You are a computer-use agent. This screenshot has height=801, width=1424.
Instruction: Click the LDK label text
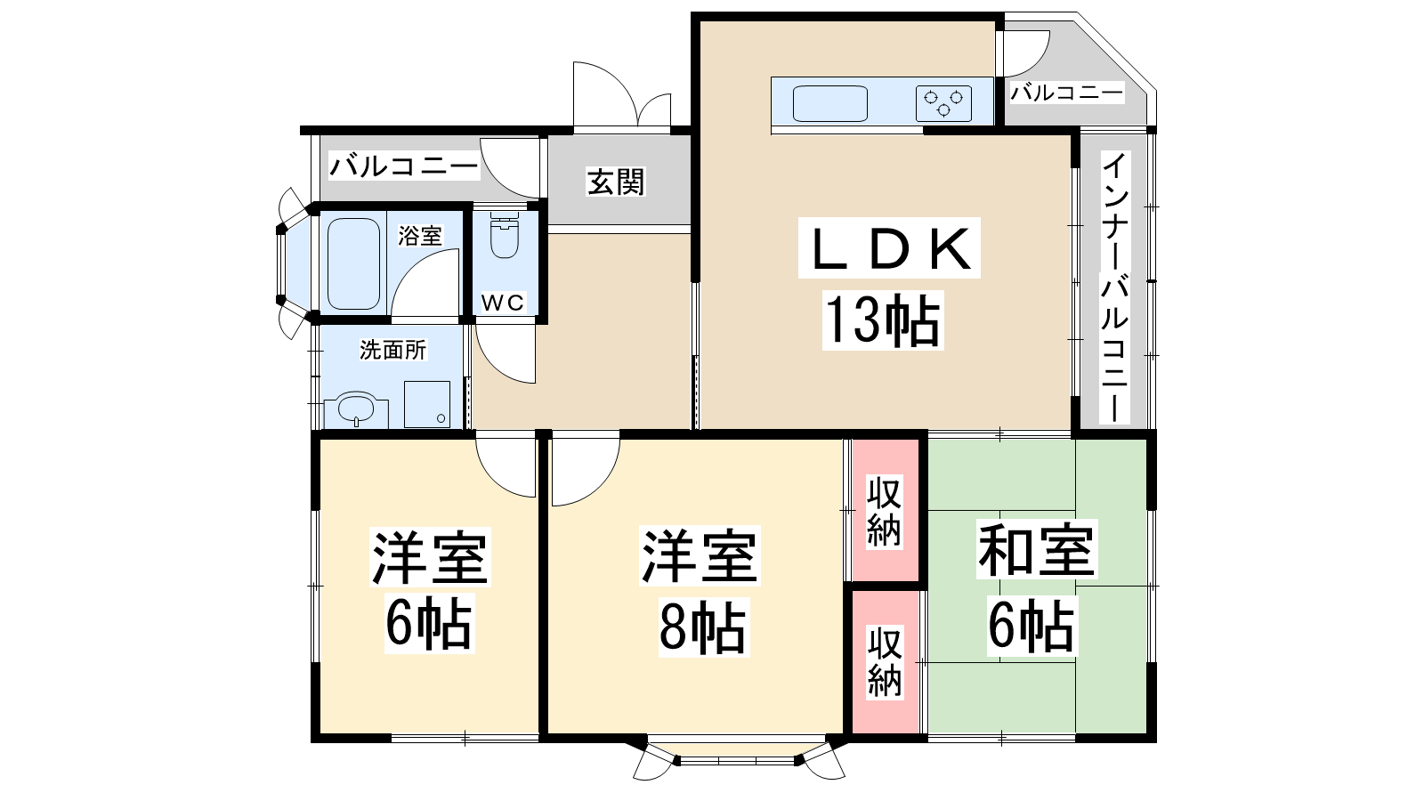[889, 248]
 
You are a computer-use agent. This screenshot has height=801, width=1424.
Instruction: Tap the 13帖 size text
[883, 320]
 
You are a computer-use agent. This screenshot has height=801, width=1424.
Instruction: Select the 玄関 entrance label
[615, 182]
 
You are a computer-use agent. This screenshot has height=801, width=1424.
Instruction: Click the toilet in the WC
[505, 236]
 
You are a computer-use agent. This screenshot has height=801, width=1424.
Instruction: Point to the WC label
[503, 303]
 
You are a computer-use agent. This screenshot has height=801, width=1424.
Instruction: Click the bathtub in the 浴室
[353, 263]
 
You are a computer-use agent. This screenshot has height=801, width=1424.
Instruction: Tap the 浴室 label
[420, 236]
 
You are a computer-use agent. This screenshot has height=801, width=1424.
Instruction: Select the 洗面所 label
[392, 350]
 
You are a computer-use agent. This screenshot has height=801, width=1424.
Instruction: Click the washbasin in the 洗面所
[356, 411]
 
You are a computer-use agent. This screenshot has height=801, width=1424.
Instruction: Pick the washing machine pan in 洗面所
[427, 404]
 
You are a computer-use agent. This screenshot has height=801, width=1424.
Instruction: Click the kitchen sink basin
[830, 103]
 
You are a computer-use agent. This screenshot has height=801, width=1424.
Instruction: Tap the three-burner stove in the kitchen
[943, 103]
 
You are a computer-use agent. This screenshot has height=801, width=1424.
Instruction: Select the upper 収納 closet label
[885, 513]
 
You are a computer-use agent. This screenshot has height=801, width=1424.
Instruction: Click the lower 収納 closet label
[885, 661]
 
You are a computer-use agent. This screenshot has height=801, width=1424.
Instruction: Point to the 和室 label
[1037, 549]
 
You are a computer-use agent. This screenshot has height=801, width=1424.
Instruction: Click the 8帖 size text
[702, 627]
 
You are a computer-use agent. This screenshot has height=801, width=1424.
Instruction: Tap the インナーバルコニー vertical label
[1114, 287]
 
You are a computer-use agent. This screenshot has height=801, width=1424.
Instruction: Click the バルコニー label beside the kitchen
[1067, 93]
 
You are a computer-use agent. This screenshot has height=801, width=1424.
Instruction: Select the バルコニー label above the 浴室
[404, 166]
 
